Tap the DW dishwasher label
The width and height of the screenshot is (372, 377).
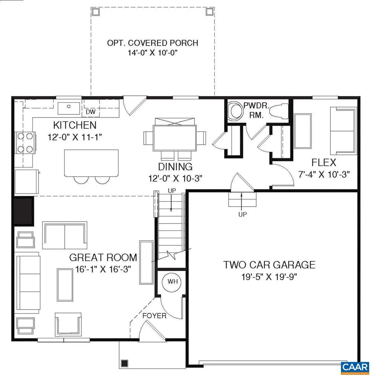(90, 112)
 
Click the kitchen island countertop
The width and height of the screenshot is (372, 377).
(91, 163)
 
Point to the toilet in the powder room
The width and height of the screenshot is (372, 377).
(281, 110)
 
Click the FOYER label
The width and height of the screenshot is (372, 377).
(155, 316)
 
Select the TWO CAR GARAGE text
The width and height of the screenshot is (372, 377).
(269, 264)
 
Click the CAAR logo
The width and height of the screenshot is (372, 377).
(355, 367)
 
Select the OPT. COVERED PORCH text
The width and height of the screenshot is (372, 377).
(153, 43)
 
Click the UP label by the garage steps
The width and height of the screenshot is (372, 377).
(242, 214)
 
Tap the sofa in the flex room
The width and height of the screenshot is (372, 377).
(343, 131)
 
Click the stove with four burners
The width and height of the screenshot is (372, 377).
(25, 142)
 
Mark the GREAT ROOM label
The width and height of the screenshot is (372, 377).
(103, 257)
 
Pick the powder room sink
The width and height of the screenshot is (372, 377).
(233, 111)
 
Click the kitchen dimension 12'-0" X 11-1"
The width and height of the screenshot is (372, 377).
(75, 137)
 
